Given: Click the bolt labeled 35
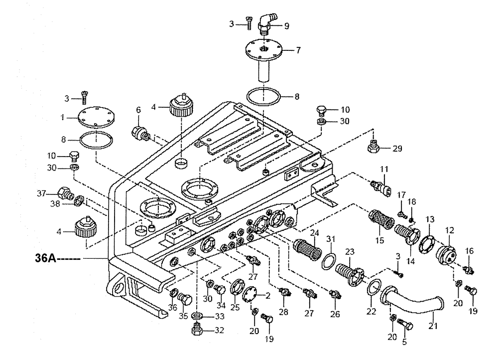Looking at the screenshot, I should click(x=186, y=299).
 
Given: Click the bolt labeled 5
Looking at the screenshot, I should click(x=405, y=326).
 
